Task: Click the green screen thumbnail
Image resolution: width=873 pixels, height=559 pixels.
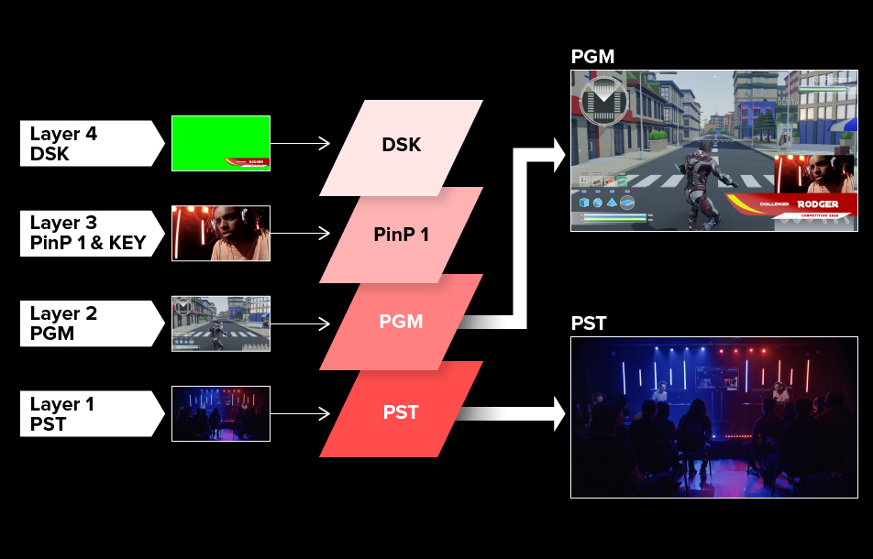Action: point(220,143)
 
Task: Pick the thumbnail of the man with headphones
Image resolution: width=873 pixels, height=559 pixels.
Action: point(220,233)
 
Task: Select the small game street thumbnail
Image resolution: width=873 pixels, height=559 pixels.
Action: point(220,323)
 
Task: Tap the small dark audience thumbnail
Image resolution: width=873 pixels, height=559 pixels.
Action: point(220,413)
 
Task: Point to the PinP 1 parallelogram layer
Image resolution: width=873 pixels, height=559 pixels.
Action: point(401,234)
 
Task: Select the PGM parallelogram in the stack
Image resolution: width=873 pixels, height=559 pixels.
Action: point(401,322)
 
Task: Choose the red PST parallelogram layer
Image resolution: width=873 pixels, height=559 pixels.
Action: point(401,411)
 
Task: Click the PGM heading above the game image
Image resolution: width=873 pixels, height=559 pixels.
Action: point(592,57)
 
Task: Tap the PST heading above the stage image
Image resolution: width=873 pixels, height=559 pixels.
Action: point(589,323)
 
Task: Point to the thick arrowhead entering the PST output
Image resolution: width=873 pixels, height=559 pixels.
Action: point(556,413)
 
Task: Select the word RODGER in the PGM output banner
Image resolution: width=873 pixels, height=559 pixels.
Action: point(817,204)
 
